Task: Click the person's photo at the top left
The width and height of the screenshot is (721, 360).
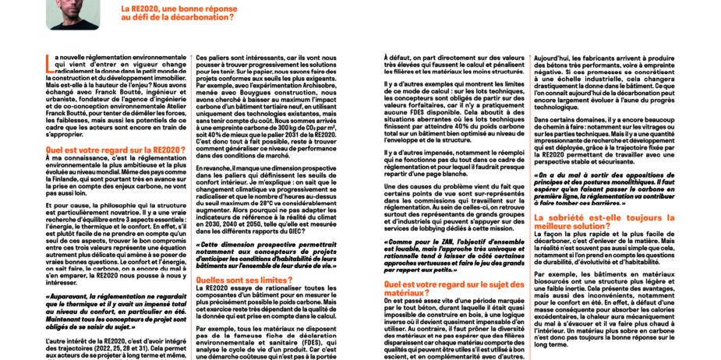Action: (x=72, y=13)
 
